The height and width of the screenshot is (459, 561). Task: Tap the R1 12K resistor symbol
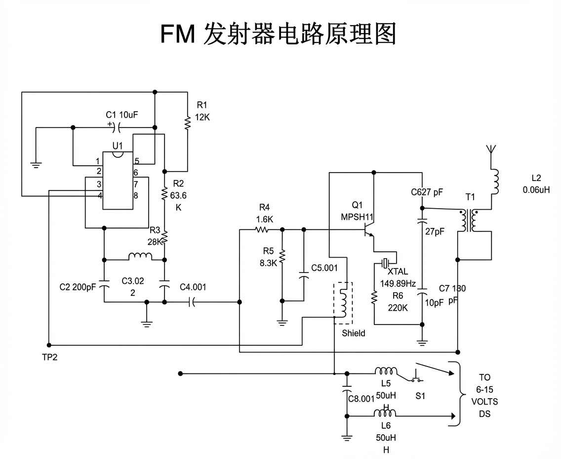click(188, 123)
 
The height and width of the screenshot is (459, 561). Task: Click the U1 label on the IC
click(117, 145)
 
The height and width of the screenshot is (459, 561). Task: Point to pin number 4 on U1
click(99, 195)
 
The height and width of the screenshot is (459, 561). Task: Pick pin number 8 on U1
click(136, 195)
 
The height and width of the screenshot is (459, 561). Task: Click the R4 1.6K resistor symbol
click(261, 229)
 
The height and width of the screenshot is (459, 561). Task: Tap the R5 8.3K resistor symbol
click(282, 257)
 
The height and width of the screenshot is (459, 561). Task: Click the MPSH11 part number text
click(357, 217)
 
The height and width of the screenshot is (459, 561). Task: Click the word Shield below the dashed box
click(354, 333)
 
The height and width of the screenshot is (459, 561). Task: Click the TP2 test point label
click(49, 357)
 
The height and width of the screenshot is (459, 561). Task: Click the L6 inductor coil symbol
click(386, 413)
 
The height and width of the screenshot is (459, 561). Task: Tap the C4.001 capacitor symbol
click(192, 302)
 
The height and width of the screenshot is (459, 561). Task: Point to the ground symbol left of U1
click(36, 165)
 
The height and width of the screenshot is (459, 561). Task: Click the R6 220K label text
click(398, 302)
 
